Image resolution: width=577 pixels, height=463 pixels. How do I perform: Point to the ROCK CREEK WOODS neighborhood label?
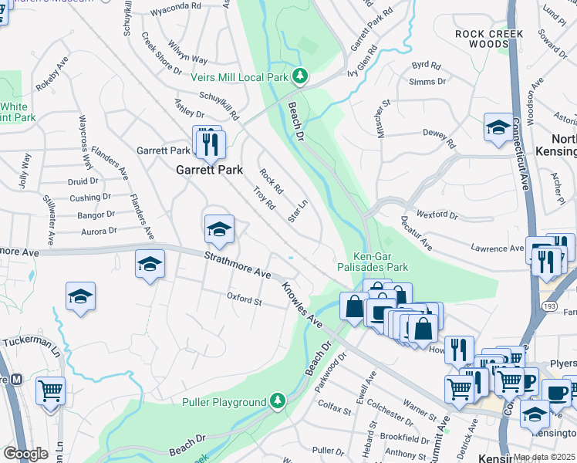click(489, 39)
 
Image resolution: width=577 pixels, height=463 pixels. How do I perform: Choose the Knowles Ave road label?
click(302, 302)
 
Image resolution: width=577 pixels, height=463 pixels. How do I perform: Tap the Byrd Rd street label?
click(427, 66)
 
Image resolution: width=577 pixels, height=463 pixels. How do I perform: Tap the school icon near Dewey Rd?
click(498, 127)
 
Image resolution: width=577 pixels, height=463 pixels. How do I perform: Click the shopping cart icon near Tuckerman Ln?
click(50, 390)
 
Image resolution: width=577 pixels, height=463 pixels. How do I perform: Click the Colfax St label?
click(334, 406)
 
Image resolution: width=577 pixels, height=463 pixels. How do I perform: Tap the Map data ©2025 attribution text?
click(544, 457)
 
